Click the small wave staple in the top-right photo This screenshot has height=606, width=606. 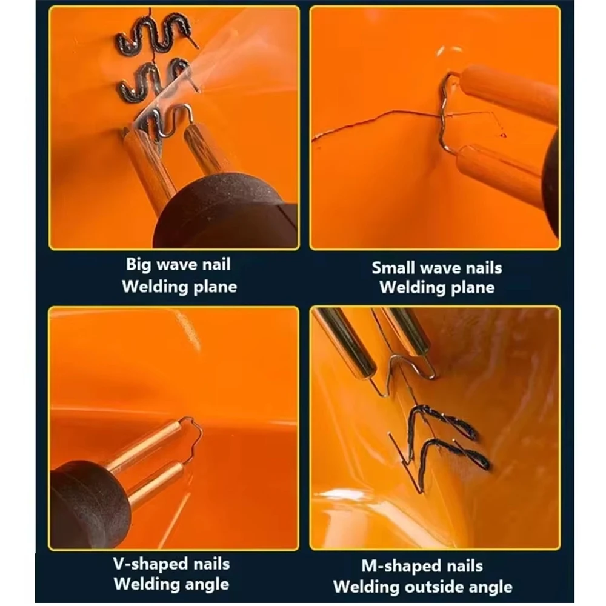tap(447, 115)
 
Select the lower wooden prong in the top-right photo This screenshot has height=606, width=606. tap(497, 173)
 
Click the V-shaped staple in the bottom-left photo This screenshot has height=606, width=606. tap(194, 439)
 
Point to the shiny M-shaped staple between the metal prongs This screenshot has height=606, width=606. tap(403, 367)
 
